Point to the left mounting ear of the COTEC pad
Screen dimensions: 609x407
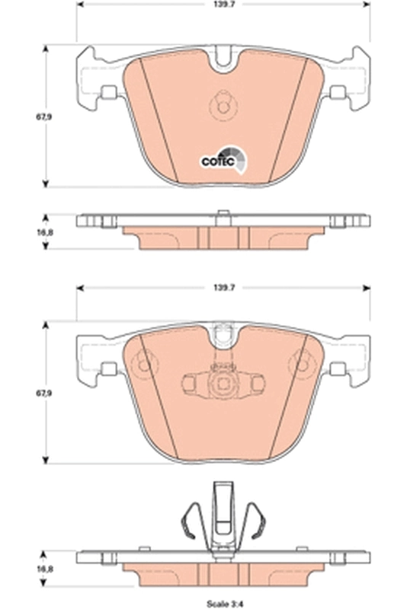click(x=95, y=76)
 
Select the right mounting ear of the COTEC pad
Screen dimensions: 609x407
click(x=346, y=76)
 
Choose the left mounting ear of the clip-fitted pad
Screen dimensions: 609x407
click(x=95, y=354)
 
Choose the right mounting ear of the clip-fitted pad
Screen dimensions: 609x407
click(x=346, y=354)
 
